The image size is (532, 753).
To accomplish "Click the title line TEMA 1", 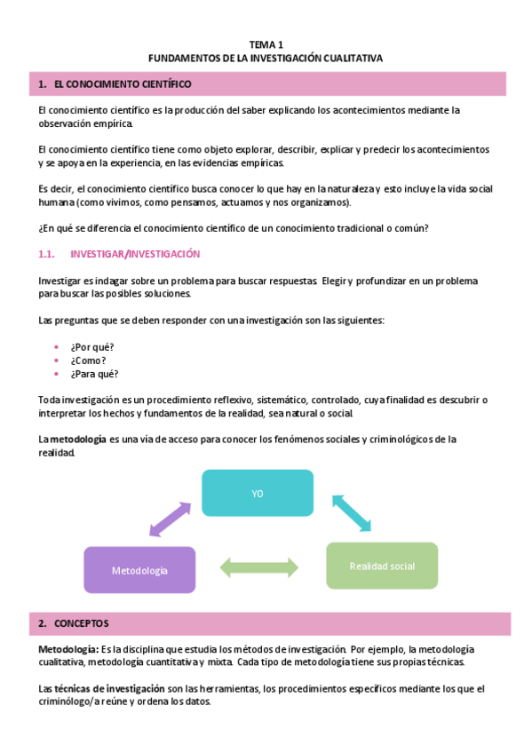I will point(266,44).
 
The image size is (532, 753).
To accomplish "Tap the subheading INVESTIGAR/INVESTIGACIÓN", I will point(135,254).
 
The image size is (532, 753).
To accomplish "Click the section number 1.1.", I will point(48,254).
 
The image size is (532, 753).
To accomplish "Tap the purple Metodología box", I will point(139,570).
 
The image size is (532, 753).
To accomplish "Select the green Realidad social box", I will point(382,566).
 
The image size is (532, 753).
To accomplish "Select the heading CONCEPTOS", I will point(82,623).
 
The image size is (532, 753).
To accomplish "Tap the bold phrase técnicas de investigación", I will point(111,688).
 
